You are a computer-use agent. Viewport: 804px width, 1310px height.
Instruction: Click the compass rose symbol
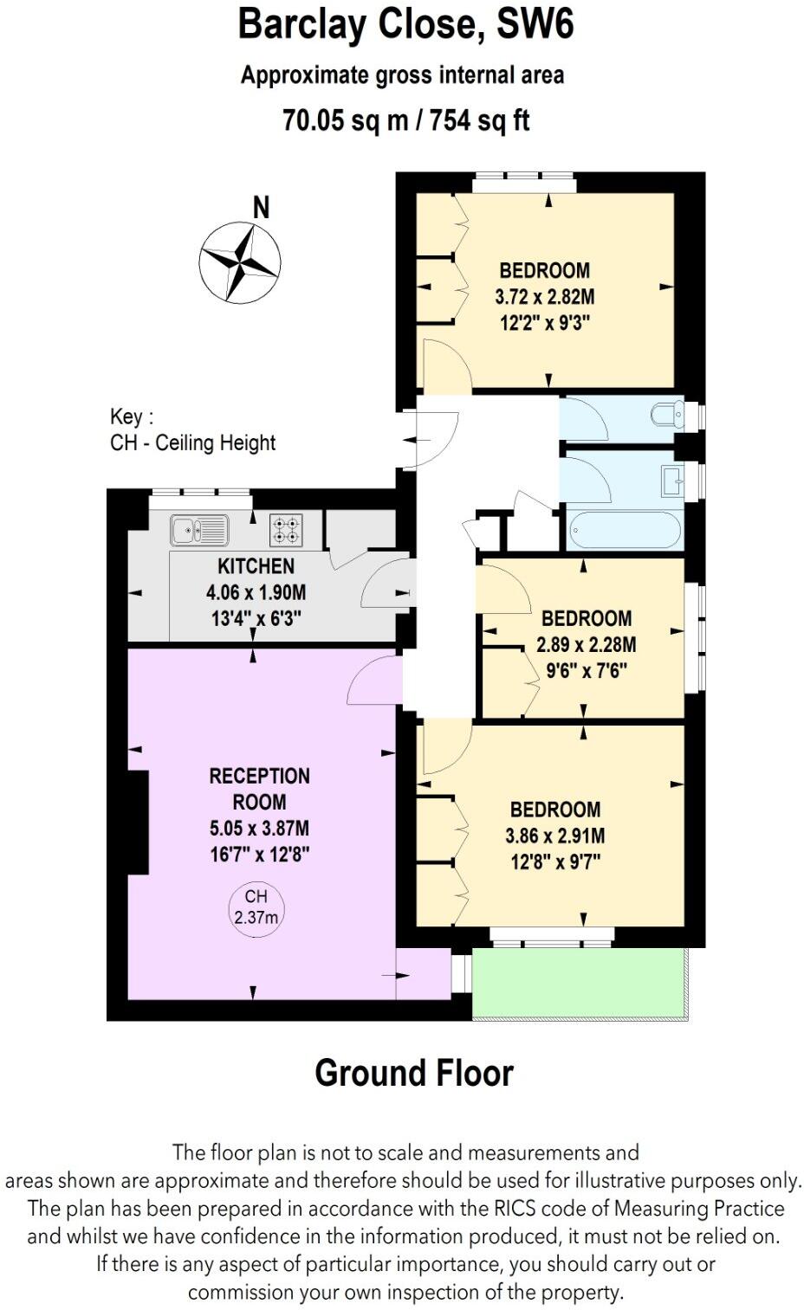240,261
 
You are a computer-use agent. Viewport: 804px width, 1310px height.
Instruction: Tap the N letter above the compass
261,208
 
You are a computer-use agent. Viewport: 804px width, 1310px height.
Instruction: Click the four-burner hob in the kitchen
287,530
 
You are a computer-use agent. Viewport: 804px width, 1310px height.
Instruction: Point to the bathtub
624,529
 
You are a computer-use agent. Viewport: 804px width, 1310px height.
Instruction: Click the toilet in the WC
668,415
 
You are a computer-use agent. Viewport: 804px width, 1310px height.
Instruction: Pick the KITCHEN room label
256,566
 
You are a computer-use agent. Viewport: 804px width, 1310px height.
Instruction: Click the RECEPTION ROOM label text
259,789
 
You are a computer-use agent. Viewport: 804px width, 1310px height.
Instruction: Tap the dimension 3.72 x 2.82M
544,297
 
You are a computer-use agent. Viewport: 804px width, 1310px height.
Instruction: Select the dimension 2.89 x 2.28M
586,645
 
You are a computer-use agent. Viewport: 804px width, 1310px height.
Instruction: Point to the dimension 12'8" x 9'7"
554,862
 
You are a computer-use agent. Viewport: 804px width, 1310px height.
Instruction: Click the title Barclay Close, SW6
405,24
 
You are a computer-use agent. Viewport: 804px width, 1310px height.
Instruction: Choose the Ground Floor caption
413,1073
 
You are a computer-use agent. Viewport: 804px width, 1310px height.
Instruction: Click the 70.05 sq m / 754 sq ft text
405,119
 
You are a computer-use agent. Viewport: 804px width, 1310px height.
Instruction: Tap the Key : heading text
132,416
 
